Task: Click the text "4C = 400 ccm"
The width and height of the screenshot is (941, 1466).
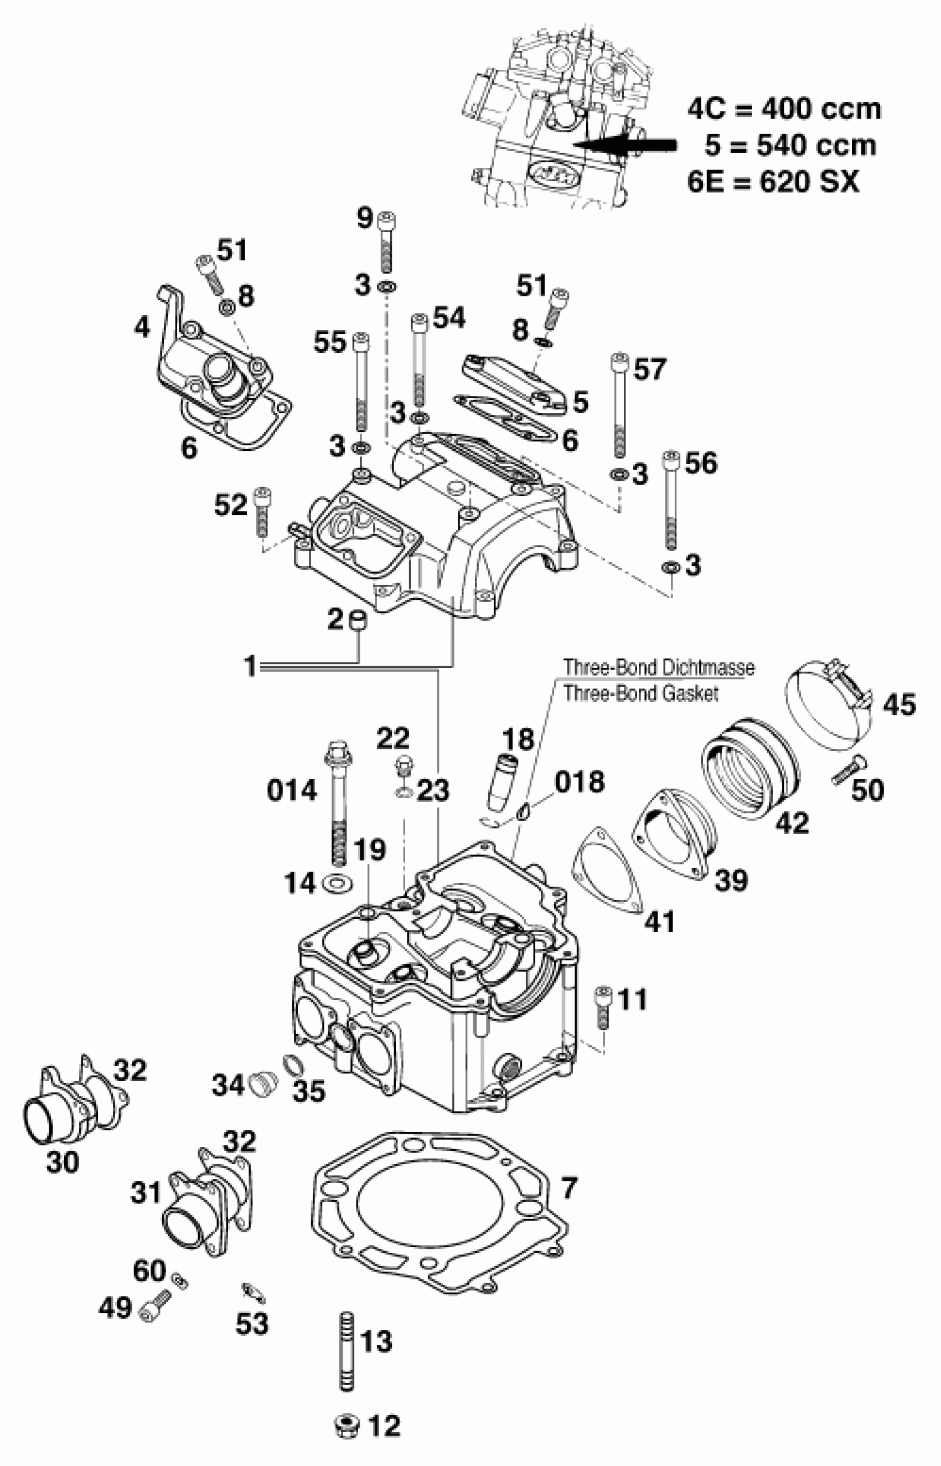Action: tap(784, 110)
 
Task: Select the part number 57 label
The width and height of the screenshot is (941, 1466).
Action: tap(649, 369)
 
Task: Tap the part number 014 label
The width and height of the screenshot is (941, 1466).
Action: tap(292, 790)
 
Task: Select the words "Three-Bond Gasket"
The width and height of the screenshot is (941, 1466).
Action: tap(640, 693)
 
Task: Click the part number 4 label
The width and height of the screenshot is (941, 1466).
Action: tap(141, 328)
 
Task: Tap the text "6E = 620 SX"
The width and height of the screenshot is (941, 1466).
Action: tap(773, 182)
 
